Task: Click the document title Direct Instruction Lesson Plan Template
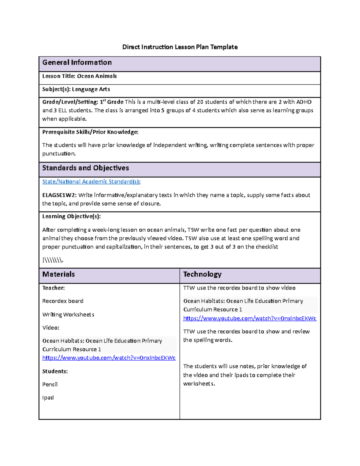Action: coord(180,47)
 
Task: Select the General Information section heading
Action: coord(77,62)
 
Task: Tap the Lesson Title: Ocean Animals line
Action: coord(79,76)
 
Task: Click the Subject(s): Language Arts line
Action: coord(76,89)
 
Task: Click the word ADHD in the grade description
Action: coord(304,102)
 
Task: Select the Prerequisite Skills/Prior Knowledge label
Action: coord(90,132)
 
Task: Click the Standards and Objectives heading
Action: coord(85,168)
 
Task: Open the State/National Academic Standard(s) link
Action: coord(91,182)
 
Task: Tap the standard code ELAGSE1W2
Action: coord(59,195)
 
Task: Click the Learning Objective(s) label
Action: coord(71,216)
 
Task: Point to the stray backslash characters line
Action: coord(53,260)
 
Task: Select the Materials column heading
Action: coord(58,274)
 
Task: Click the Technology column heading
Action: coord(202,274)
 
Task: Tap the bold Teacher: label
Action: coord(53,288)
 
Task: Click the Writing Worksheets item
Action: coord(68,314)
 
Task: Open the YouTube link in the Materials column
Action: coord(109,358)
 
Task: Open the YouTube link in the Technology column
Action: coord(250,318)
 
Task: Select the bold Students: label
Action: coord(55,371)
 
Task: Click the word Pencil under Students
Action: coord(50,384)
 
